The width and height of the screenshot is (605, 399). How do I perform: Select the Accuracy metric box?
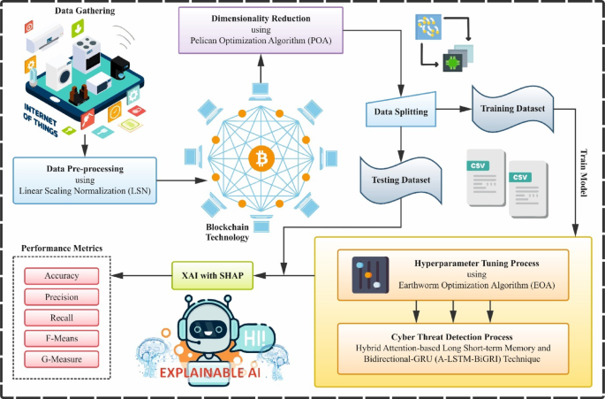coord(63,276)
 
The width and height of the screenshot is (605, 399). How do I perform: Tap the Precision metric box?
coord(63,297)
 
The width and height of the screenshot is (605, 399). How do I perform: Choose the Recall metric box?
coord(63,318)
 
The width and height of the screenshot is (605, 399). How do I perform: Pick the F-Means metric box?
coord(63,340)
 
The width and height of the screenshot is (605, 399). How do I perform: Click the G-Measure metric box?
coord(63,361)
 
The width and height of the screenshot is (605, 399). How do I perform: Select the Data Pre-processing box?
coord(85,175)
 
